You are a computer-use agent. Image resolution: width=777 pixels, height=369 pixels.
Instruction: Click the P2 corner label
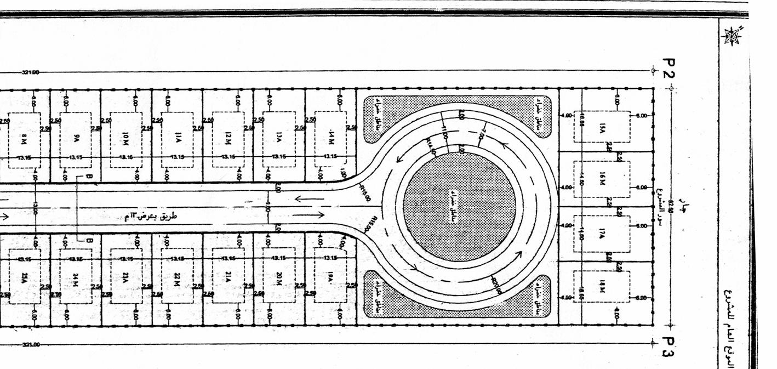[669, 67]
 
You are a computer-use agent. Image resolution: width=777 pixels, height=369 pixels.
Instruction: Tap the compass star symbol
[732, 36]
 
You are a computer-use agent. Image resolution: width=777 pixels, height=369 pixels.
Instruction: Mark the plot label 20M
[279, 280]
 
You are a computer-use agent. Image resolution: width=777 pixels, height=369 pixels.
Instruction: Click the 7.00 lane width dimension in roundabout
[482, 133]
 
